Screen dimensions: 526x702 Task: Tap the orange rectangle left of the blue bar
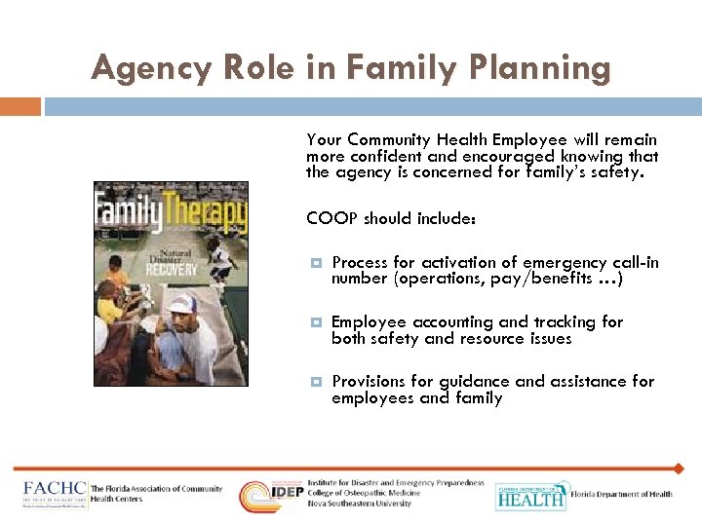pyautogui.click(x=20, y=106)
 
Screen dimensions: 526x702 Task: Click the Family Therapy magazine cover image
pyautogui.click(x=171, y=283)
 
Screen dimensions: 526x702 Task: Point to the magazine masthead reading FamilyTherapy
pyautogui.click(x=171, y=209)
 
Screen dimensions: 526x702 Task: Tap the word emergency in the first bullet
pyautogui.click(x=567, y=262)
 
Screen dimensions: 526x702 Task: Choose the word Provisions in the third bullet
pyautogui.click(x=373, y=381)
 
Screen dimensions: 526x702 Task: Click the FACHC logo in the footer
pyautogui.click(x=55, y=494)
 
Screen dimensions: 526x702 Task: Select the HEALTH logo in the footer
pyautogui.click(x=530, y=496)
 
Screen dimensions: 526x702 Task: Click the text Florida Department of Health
pyautogui.click(x=622, y=495)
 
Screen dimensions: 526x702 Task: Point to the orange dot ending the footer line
pyautogui.click(x=679, y=469)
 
